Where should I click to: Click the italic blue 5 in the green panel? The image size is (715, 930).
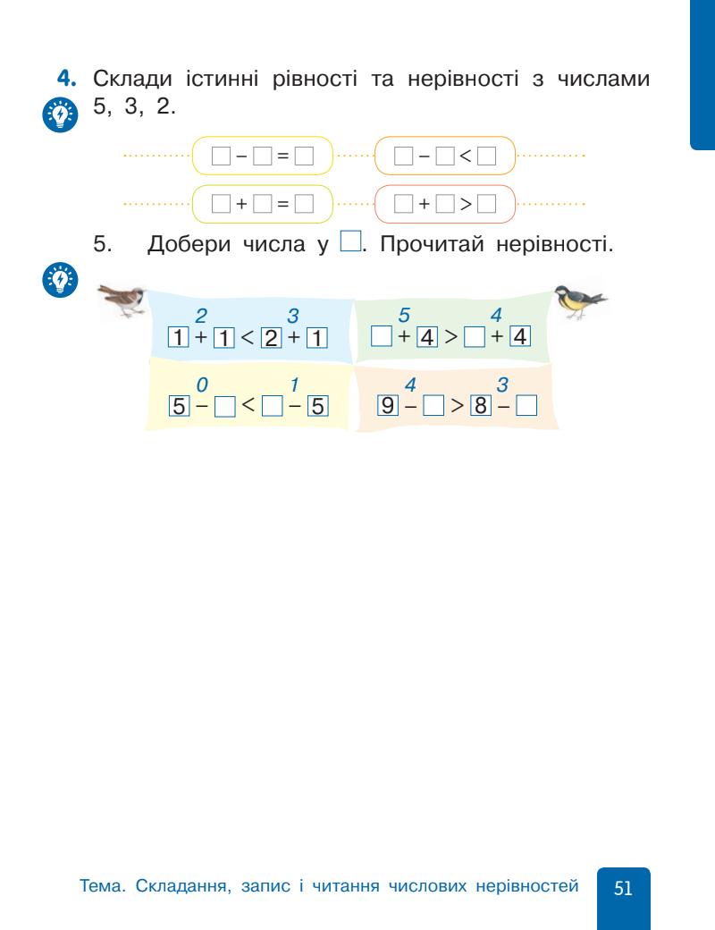click(402, 316)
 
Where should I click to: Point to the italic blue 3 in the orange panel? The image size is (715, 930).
click(502, 385)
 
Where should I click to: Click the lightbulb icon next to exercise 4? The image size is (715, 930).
click(60, 115)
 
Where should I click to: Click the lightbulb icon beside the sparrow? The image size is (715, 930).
click(60, 281)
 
